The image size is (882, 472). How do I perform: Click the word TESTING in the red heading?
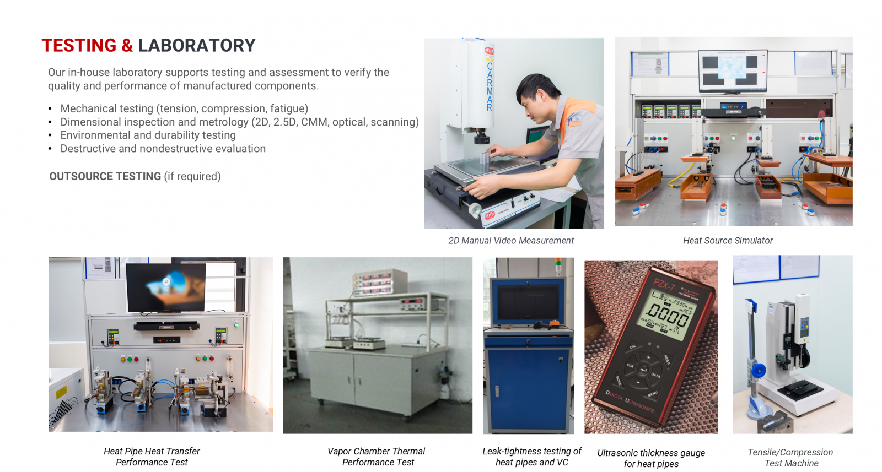click(79, 45)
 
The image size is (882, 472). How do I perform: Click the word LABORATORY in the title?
click(197, 45)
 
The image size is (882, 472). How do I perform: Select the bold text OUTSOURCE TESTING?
click(105, 176)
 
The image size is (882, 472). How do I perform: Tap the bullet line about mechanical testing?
click(184, 108)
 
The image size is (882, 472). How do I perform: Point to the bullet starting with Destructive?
click(163, 149)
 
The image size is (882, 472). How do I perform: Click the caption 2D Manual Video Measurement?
click(511, 241)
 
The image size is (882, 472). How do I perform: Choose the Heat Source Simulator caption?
click(728, 241)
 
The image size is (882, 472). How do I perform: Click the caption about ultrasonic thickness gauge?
click(651, 459)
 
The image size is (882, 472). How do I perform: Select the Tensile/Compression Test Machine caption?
click(790, 458)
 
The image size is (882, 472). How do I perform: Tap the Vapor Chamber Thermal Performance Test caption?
click(377, 457)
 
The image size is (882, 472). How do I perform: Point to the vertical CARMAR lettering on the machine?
click(490, 86)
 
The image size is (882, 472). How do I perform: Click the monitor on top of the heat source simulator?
click(733, 71)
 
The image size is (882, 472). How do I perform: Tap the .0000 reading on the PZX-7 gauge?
click(668, 316)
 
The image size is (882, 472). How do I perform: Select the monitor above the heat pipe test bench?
click(166, 287)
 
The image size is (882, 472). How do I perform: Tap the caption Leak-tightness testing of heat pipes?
click(532, 457)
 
